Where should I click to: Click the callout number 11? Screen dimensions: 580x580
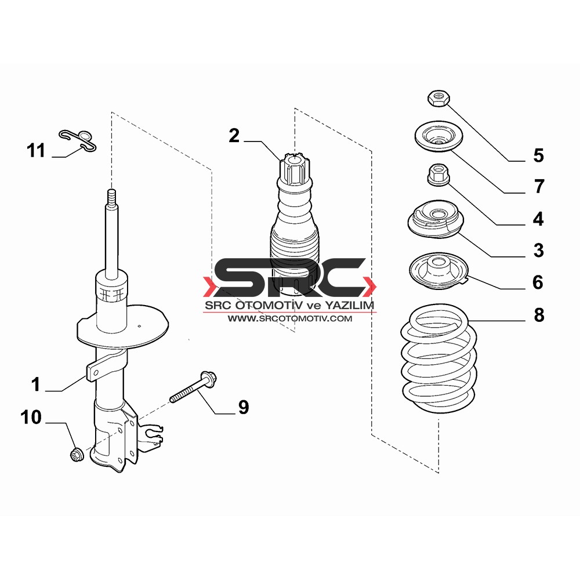pos(36,151)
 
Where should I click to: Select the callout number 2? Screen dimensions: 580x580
pos(234,135)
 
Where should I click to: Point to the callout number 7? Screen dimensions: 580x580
pos(539,186)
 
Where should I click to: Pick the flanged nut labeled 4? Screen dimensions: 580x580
pos(438,175)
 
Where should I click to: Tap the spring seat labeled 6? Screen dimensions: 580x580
pos(439,271)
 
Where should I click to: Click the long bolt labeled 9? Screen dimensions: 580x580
pos(193,387)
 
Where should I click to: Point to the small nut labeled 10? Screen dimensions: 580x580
pos(77,454)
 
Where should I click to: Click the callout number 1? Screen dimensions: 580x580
pos(35,385)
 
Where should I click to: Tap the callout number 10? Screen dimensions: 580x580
pos(31,417)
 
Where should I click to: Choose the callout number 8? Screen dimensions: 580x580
pos(539,315)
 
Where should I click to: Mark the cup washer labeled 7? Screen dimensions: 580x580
pos(438,136)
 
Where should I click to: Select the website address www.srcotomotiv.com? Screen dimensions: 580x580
pos(290,318)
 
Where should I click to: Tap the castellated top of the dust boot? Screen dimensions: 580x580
pos(294,169)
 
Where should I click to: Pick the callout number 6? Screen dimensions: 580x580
pos(538,282)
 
